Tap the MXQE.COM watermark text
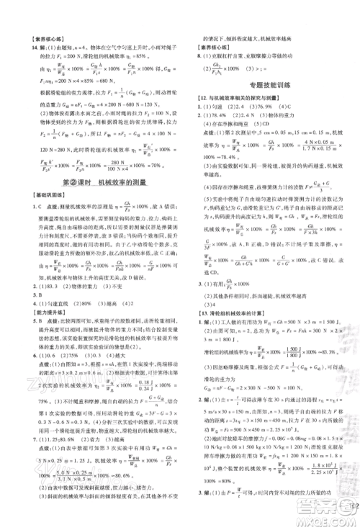click(x=332, y=521)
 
